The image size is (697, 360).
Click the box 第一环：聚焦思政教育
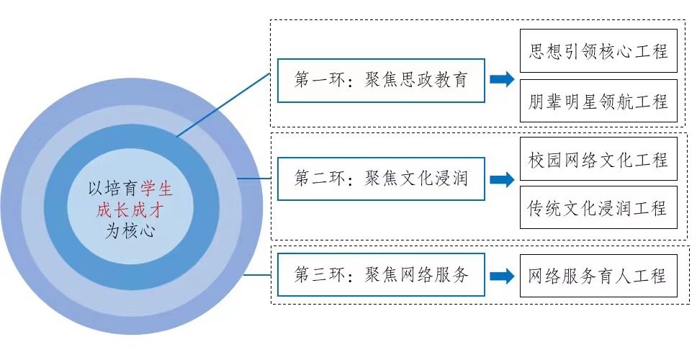(381, 80)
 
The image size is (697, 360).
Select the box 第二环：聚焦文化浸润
(381, 178)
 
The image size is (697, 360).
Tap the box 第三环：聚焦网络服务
(381, 275)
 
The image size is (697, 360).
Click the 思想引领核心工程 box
(598, 51)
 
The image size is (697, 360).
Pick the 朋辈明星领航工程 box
(598, 101)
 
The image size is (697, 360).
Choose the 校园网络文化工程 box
(598, 159)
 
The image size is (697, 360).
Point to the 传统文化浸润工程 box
(598, 208)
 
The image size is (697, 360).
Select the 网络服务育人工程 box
(598, 276)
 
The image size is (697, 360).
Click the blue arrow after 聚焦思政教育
(501, 79)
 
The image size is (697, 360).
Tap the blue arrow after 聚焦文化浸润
(501, 179)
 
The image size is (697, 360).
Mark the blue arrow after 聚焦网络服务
(501, 276)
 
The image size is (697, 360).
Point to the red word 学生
(157, 189)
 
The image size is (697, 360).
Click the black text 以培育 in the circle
(110, 189)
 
